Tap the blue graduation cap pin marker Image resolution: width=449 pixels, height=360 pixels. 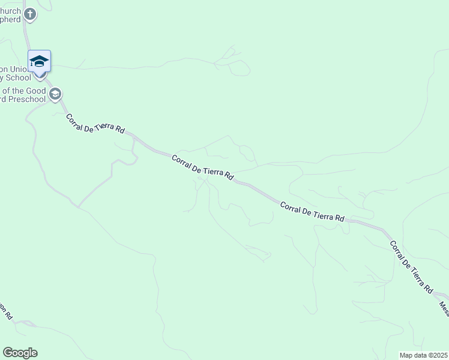pyautogui.click(x=40, y=62)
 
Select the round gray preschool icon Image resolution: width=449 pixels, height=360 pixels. pyautogui.click(x=55, y=94)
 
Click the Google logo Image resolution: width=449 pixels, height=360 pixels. pyautogui.click(x=20, y=353)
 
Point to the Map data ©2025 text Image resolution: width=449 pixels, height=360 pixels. pyautogui.click(x=424, y=355)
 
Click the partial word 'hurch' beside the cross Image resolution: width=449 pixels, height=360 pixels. pyautogui.click(x=10, y=11)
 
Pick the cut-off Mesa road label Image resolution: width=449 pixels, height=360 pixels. pyautogui.click(x=444, y=308)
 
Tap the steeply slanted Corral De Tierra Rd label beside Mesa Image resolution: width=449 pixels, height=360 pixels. pyautogui.click(x=411, y=266)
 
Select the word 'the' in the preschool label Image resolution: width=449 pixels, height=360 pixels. pyautogui.click(x=17, y=90)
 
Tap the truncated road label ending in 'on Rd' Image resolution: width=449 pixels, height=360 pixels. pyautogui.click(x=5, y=310)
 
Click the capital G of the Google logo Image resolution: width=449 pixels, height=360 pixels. pyautogui.click(x=8, y=353)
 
